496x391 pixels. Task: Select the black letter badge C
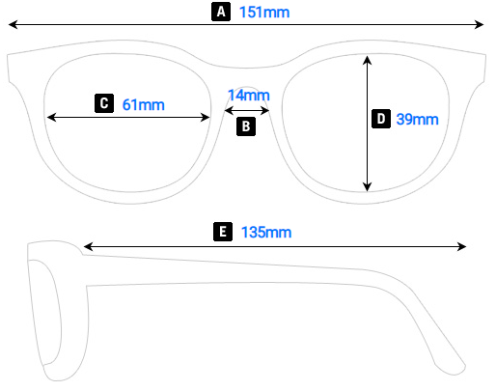click(x=104, y=102)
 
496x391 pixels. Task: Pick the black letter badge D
click(x=381, y=119)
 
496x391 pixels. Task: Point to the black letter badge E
click(x=223, y=232)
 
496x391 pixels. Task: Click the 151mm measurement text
click(x=263, y=13)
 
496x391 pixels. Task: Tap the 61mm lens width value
click(x=143, y=103)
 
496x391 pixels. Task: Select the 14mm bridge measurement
click(x=249, y=95)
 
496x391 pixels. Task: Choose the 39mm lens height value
click(x=417, y=120)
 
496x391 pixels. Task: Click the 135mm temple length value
click(x=265, y=232)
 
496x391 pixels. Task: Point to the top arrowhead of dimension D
click(x=368, y=58)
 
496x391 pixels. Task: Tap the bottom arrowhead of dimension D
click(x=368, y=187)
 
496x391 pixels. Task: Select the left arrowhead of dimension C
click(x=51, y=117)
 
